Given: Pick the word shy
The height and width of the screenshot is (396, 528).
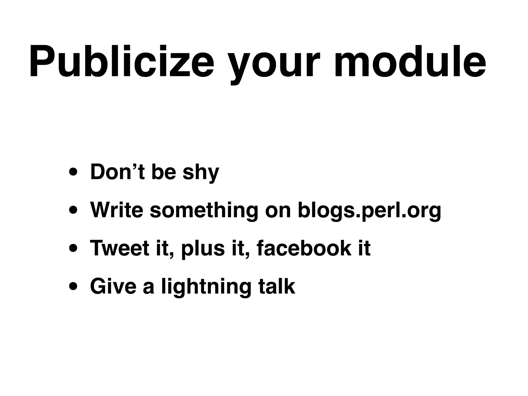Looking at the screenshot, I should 201,173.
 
